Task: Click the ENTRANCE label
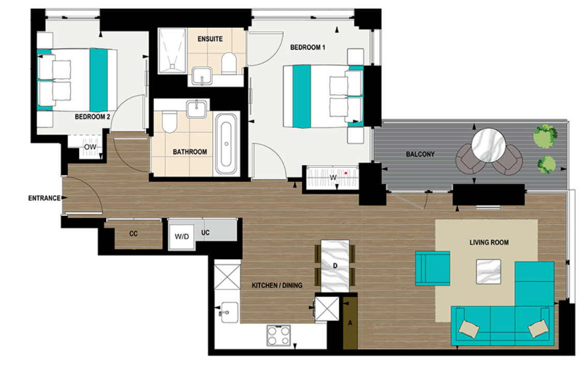click(x=44, y=198)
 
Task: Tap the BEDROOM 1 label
click(x=308, y=47)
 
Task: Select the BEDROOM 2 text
click(x=93, y=117)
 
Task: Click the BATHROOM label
click(x=190, y=152)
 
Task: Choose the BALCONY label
click(x=420, y=154)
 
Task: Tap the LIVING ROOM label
click(x=489, y=242)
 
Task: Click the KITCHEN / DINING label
click(x=277, y=285)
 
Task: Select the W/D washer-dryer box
click(x=181, y=237)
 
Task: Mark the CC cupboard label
click(x=133, y=234)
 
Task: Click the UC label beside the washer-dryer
click(x=205, y=233)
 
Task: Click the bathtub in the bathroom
click(x=226, y=143)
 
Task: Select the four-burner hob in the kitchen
click(x=278, y=335)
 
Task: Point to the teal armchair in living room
click(x=433, y=268)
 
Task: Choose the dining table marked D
click(x=335, y=265)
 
